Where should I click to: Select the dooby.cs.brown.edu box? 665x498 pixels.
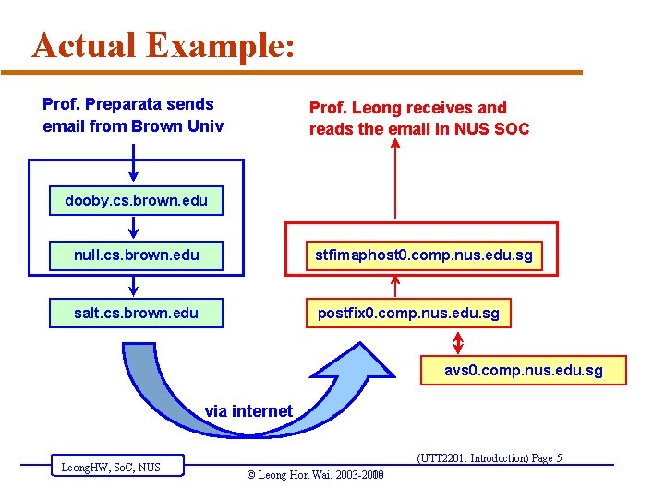pos(137,200)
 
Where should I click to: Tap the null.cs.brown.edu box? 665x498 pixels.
pos(137,255)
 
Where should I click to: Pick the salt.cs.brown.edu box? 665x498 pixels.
pos(137,313)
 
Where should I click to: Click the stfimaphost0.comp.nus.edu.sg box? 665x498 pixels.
pos(423,255)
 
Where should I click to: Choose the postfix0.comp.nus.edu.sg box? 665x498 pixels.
pos(408,313)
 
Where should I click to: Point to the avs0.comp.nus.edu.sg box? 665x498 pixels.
pos(523,370)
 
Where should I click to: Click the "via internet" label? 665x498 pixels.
pos(248,411)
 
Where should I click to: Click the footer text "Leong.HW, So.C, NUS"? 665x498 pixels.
pos(111,468)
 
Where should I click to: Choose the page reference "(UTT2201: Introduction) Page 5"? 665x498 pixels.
pos(490,458)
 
